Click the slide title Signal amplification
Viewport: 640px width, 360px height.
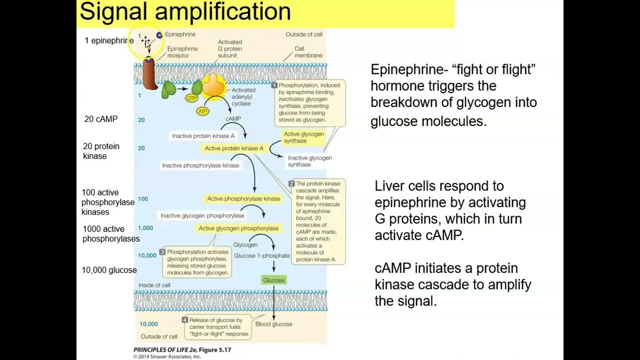[x=185, y=12]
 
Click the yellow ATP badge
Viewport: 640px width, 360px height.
[x=202, y=111]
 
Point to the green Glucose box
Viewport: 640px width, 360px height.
[x=273, y=280]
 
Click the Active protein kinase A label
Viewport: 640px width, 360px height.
[x=234, y=148]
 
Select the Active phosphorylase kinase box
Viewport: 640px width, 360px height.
[x=243, y=198]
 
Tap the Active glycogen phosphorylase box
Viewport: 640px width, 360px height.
[x=238, y=228]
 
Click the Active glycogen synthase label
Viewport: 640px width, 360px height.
[x=303, y=137]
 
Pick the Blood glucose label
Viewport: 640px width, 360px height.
[x=273, y=324]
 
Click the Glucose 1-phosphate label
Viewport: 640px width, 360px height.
[x=261, y=255]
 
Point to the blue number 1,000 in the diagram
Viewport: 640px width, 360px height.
[x=145, y=228]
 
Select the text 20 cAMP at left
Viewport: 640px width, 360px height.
[x=101, y=119]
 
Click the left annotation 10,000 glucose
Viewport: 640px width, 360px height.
[x=109, y=270]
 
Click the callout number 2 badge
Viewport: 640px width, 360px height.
[x=291, y=184]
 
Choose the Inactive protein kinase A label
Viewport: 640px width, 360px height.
[x=203, y=135]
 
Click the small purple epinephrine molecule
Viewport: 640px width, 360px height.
[x=159, y=35]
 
